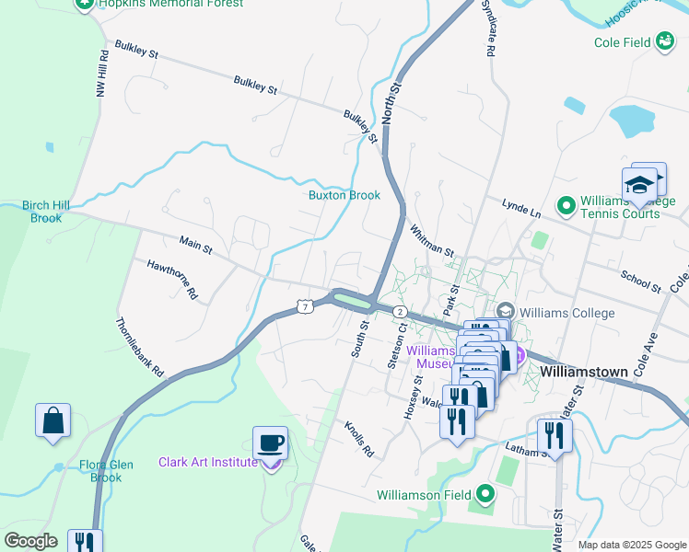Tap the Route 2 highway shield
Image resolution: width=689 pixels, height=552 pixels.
[x=400, y=312]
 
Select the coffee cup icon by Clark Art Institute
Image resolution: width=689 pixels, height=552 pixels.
[x=270, y=443]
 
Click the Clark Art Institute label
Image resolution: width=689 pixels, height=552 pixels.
[x=207, y=462]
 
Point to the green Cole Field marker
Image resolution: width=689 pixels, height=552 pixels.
[x=665, y=41]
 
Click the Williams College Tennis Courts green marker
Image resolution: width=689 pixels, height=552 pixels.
[x=566, y=202]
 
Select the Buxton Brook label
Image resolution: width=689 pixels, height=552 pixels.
[x=344, y=195]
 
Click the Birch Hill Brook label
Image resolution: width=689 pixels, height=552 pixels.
[x=46, y=212]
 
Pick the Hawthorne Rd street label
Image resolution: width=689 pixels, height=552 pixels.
[x=173, y=280]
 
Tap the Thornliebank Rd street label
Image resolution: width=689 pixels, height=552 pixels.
[x=140, y=348]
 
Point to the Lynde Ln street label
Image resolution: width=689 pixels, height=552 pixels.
[x=520, y=208]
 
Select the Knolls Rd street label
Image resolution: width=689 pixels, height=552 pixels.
[x=359, y=440]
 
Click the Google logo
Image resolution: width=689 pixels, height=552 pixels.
[x=30, y=541]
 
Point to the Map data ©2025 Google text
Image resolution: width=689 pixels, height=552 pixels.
[x=632, y=545]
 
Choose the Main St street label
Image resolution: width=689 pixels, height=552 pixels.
[x=195, y=245]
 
